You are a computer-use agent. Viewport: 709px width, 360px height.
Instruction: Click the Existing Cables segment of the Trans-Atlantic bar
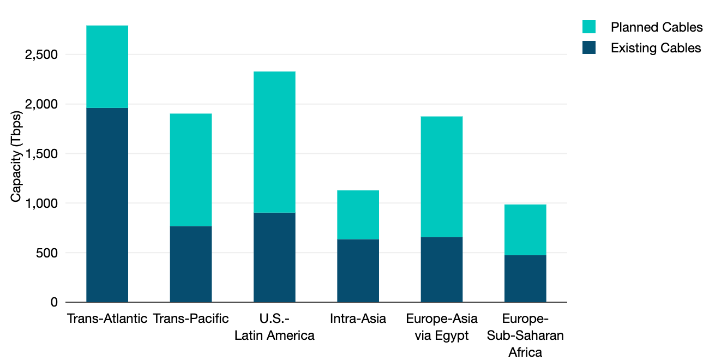[x=107, y=205]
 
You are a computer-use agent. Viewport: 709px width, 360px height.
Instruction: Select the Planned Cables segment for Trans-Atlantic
[x=107, y=67]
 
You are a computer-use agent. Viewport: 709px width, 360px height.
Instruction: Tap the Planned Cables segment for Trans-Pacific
[x=191, y=170]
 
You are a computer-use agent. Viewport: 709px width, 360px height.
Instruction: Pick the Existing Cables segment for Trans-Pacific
[x=191, y=264]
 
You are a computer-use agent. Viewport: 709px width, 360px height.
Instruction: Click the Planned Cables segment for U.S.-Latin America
[x=274, y=142]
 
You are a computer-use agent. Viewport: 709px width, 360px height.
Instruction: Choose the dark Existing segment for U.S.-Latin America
[x=274, y=257]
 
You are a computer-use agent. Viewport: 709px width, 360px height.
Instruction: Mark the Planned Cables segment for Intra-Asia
[x=358, y=215]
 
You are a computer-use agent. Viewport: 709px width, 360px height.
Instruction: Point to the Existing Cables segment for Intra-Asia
[x=358, y=271]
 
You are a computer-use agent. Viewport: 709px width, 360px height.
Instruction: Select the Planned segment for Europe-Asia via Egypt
[x=442, y=177]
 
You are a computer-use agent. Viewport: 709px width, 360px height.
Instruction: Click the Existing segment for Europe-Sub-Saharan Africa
[x=525, y=279]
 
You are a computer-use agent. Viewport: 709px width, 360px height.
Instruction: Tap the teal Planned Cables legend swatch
[x=589, y=27]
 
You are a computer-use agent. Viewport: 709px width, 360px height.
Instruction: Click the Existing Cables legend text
[x=656, y=48]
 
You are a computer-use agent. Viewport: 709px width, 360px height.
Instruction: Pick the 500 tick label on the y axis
[x=46, y=253]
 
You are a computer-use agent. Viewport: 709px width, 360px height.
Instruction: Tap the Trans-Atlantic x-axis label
[x=107, y=319]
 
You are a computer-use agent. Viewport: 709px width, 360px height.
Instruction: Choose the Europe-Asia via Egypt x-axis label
[x=442, y=327]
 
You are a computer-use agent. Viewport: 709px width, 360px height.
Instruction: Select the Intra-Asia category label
[x=358, y=319]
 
